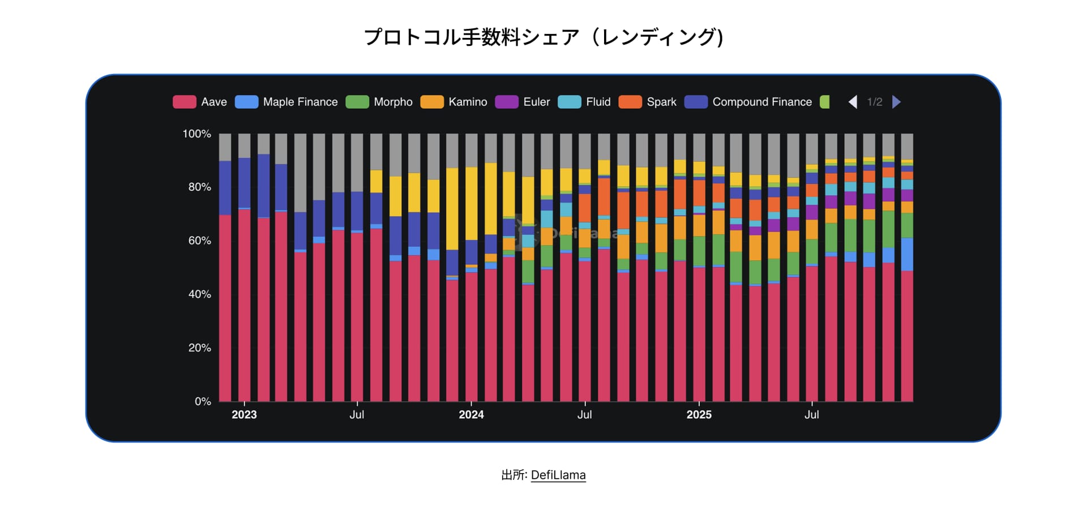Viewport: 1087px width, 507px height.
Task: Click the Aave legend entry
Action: (x=200, y=102)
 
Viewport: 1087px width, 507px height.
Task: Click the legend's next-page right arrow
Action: (x=896, y=102)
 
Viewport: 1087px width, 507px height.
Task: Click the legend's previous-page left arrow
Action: (x=853, y=102)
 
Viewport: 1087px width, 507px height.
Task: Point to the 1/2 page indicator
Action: (x=875, y=102)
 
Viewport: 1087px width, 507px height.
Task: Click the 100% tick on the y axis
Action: (x=196, y=134)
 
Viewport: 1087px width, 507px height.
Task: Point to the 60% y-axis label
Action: (x=199, y=240)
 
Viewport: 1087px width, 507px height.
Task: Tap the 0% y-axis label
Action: (x=203, y=401)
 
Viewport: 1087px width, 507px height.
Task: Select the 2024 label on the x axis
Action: (x=471, y=415)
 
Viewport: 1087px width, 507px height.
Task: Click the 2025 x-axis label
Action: (x=699, y=415)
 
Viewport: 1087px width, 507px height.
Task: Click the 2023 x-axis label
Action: (x=244, y=415)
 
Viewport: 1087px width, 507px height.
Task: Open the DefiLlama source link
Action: (x=558, y=475)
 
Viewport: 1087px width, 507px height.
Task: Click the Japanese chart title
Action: (x=543, y=37)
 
